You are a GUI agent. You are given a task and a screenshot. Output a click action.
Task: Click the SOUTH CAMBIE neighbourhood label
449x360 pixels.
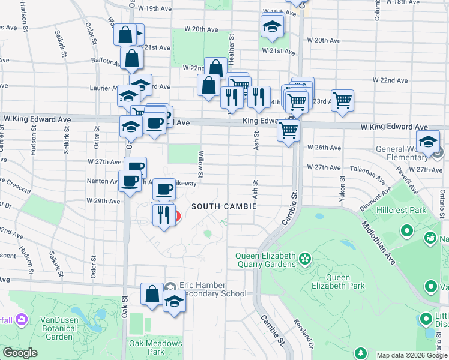coord(224,206)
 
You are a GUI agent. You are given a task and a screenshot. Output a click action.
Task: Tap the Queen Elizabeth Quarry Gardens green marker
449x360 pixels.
coord(306,259)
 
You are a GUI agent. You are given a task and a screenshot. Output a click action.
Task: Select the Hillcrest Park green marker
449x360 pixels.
coord(406,230)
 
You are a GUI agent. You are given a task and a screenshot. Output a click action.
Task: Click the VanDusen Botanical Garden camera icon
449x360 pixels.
coord(22,319)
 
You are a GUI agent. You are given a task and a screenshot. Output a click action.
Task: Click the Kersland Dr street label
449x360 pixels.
coord(303,336)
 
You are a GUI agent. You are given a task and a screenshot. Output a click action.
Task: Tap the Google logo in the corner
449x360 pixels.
coord(20,353)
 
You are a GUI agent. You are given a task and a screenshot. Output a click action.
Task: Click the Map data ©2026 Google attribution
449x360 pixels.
coord(411,355)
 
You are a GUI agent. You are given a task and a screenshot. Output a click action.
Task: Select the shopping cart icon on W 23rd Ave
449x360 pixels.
coord(342,100)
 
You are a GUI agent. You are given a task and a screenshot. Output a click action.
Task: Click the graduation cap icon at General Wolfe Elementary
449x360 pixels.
coord(428,143)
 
